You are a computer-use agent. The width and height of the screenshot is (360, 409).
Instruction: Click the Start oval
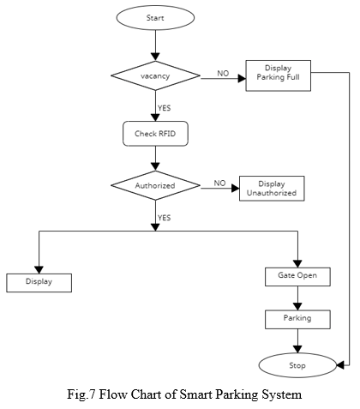[155, 18]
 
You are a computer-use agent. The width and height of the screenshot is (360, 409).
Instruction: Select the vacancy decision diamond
[155, 75]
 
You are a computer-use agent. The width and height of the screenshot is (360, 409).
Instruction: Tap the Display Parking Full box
[279, 75]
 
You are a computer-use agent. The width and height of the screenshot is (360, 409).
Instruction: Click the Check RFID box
[155, 134]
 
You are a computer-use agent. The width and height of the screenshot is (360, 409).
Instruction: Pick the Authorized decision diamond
[155, 185]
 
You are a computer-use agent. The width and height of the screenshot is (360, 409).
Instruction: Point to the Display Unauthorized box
[272, 189]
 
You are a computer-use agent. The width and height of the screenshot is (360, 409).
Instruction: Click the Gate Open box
[297, 277]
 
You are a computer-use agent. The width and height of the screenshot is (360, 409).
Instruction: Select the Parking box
[297, 319]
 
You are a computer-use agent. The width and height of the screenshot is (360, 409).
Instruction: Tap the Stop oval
[297, 365]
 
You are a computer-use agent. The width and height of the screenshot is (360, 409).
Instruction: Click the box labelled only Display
[39, 283]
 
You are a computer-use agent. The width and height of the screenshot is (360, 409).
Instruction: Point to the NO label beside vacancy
[223, 74]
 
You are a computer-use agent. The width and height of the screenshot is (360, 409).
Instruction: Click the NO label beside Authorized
[219, 183]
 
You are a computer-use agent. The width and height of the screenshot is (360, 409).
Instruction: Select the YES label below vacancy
[165, 108]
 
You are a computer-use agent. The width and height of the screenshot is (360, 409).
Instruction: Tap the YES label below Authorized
[165, 218]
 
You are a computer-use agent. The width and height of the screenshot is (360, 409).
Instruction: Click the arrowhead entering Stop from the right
[340, 365]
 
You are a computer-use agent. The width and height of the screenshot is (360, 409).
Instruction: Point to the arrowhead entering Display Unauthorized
[236, 189]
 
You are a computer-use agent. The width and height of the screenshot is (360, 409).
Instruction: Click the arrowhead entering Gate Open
[297, 264]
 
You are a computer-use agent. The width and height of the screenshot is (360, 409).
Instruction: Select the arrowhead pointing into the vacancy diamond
[155, 57]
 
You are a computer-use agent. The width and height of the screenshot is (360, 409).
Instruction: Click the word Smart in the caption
[196, 394]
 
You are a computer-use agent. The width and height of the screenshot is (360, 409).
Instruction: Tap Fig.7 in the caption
[81, 394]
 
